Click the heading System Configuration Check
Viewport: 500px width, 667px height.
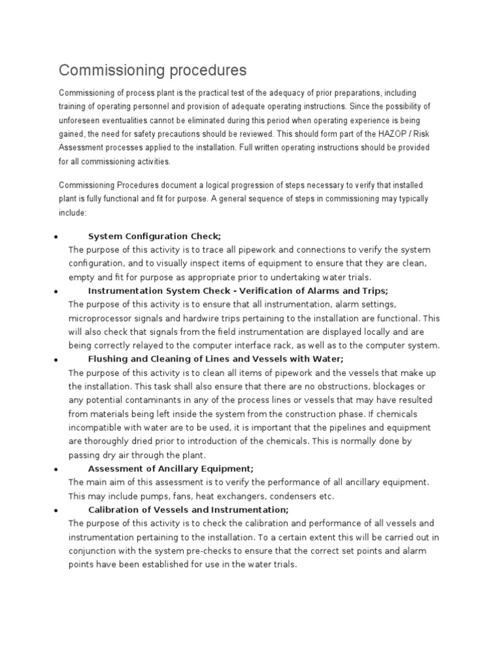[154, 236]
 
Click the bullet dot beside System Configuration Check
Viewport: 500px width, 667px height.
[57, 236]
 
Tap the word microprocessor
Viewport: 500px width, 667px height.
[104, 318]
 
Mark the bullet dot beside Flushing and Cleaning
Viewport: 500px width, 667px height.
[57, 360]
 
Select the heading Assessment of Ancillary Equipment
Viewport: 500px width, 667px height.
[171, 468]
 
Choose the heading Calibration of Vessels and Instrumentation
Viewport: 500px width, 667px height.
[187, 509]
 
